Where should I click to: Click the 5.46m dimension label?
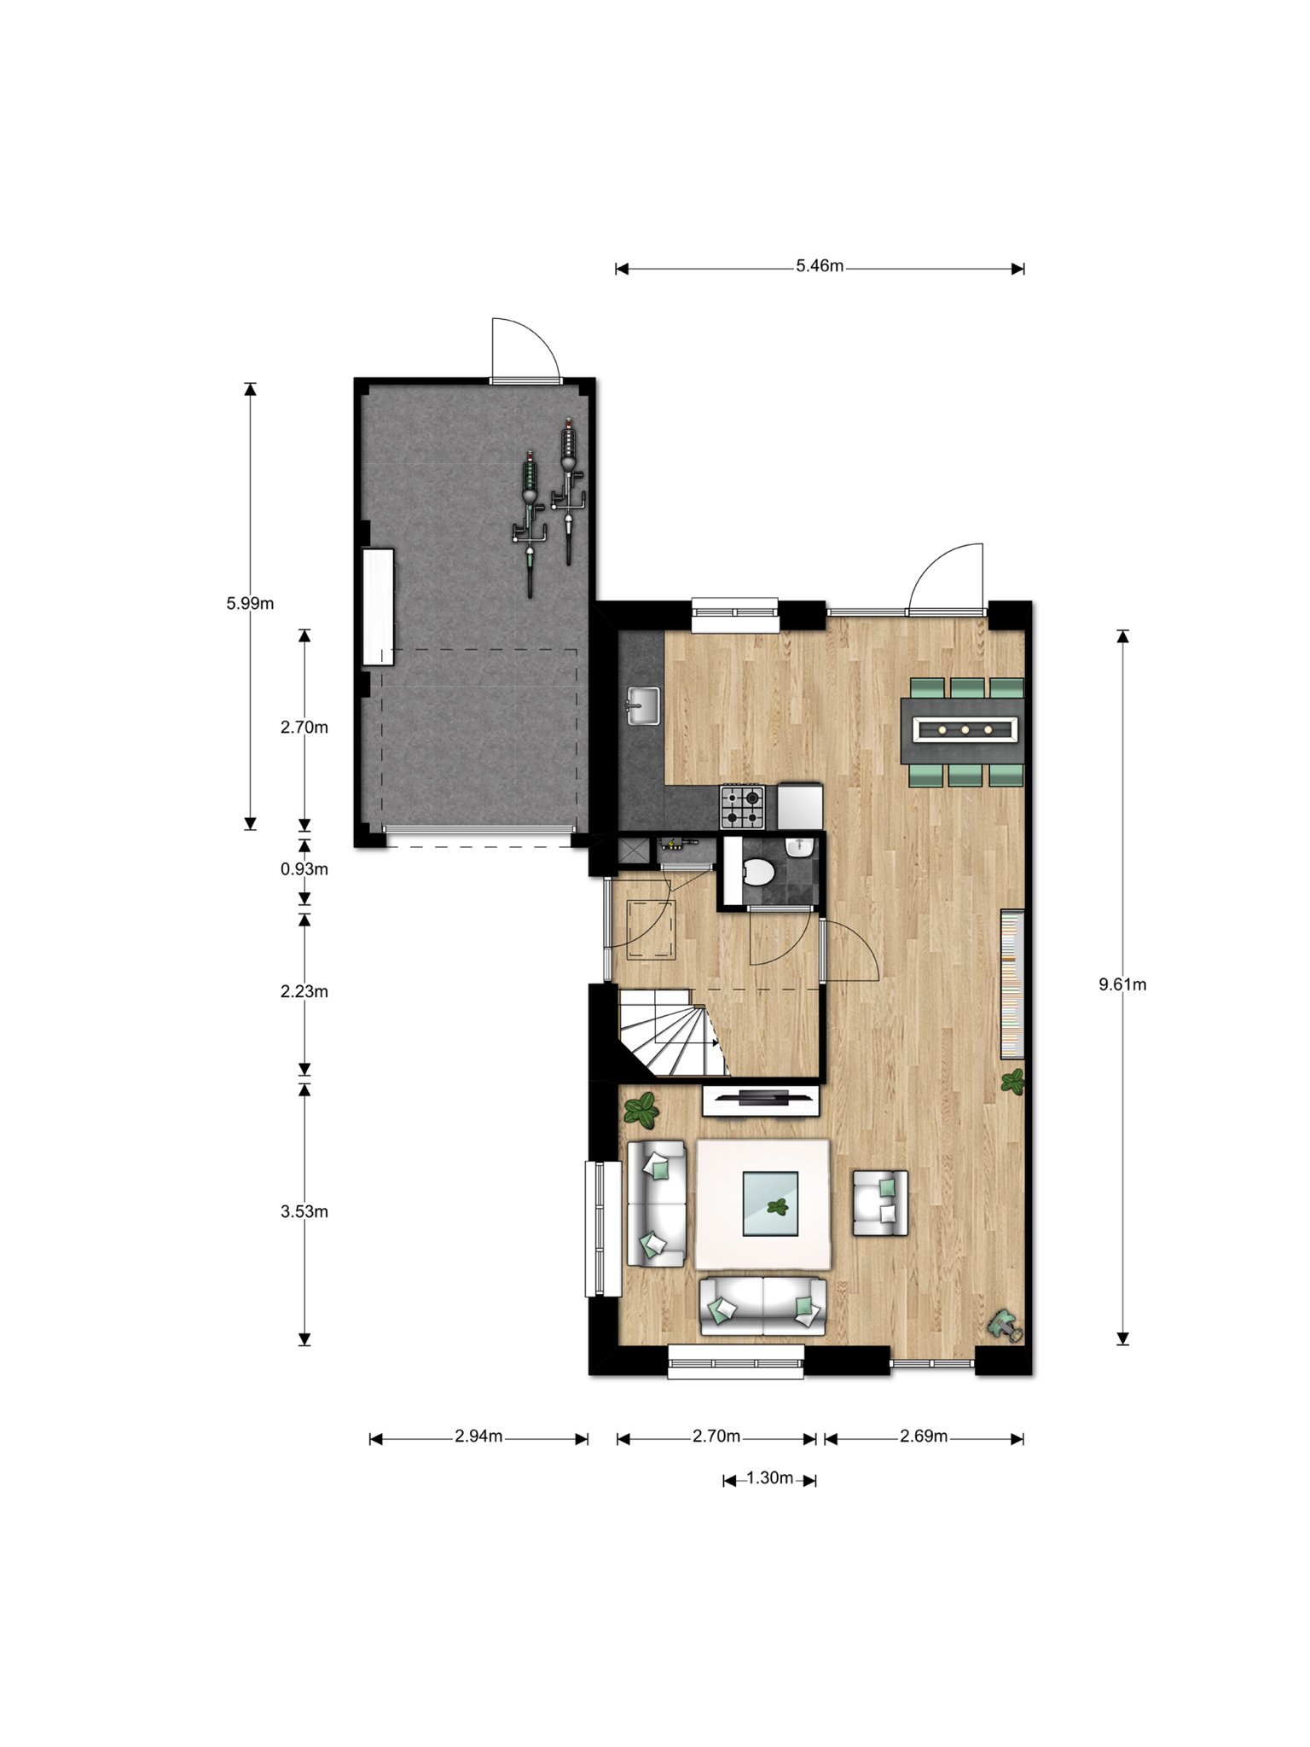820,266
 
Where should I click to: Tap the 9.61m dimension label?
1122,984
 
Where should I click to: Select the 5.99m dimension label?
250,604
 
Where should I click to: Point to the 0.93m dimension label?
304,869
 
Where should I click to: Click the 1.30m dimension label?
770,1478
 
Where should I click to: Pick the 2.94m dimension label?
478,1436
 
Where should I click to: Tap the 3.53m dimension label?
304,1211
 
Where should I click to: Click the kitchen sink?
642,705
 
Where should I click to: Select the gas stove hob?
743,807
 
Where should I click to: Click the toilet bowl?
756,872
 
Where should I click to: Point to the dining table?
962,730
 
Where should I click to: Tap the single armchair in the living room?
880,1203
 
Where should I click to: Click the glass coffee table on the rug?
770,1204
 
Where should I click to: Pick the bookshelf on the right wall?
1011,984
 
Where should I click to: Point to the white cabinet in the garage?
378,607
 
